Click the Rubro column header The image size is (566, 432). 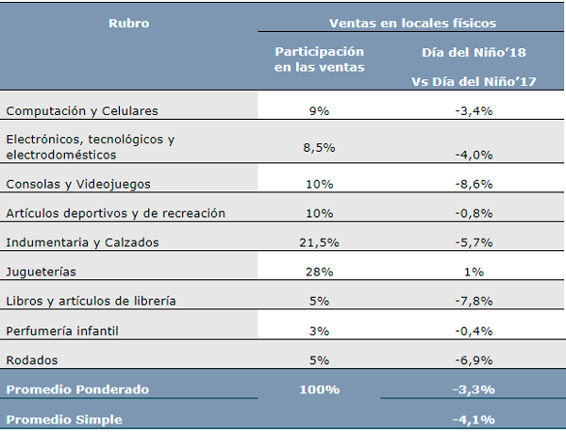(129, 23)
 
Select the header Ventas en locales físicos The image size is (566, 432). (412, 23)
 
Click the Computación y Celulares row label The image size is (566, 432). (82, 111)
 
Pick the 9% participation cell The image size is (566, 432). (319, 111)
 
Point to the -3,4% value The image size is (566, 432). (474, 111)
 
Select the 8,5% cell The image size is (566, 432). (319, 147)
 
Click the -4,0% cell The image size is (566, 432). (474, 154)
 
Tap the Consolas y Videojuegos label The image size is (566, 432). (78, 183)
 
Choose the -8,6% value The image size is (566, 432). (474, 183)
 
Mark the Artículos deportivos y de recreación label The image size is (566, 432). (116, 213)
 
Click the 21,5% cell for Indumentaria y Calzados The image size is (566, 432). (319, 242)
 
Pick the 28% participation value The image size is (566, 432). (319, 272)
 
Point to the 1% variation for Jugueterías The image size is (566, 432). (474, 272)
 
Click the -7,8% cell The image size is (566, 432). (474, 301)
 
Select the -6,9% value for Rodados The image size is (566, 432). (474, 360)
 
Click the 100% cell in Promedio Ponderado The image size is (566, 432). (319, 389)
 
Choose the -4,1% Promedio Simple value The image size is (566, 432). (474, 419)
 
